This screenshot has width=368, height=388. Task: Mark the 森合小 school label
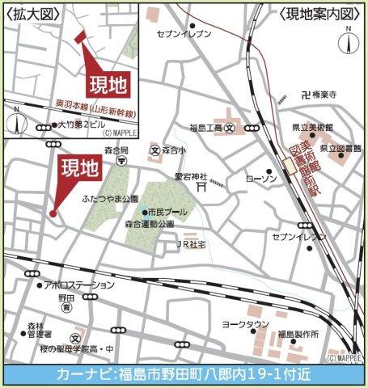[172, 150]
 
